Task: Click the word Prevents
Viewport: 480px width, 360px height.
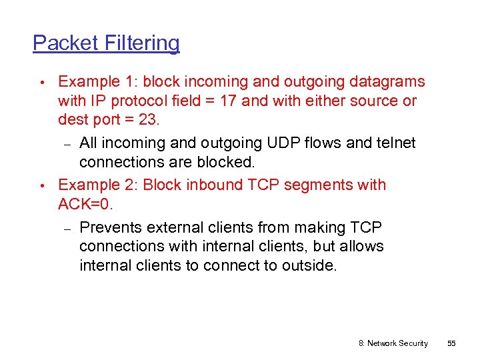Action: [111, 227]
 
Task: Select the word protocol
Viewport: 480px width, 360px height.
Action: [126, 101]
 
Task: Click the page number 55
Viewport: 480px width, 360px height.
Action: [451, 343]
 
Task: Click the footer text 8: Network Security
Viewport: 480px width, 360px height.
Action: [393, 343]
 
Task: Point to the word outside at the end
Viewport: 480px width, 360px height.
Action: [312, 265]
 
